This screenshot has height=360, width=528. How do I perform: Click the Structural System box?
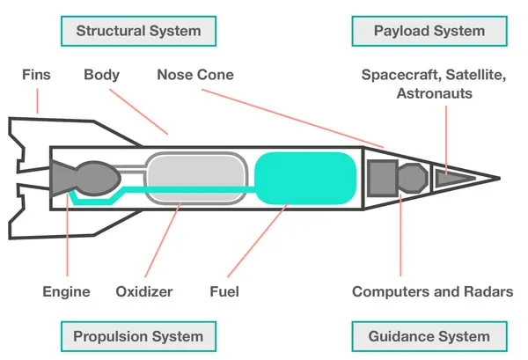(138, 31)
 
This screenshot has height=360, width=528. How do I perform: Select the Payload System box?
(429, 31)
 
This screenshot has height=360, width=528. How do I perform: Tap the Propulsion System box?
(138, 336)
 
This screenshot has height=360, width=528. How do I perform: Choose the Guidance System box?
(429, 336)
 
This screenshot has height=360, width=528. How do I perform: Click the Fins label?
(36, 75)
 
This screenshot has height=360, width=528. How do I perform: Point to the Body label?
(102, 75)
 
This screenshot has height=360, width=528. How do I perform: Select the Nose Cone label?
(195, 75)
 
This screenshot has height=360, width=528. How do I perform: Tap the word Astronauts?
(435, 93)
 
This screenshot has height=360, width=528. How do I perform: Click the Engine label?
(66, 292)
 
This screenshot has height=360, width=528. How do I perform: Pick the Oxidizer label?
(144, 291)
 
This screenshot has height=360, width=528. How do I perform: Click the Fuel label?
(224, 291)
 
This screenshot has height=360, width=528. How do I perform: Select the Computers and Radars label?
(433, 291)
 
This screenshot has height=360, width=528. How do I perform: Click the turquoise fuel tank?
(305, 178)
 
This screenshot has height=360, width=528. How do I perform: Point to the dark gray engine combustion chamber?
(98, 178)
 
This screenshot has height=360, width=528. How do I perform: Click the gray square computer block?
(382, 178)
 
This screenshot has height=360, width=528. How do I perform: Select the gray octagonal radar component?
(413, 178)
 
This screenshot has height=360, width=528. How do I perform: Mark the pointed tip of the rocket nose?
(501, 178)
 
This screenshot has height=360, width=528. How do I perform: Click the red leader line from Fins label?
(37, 101)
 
